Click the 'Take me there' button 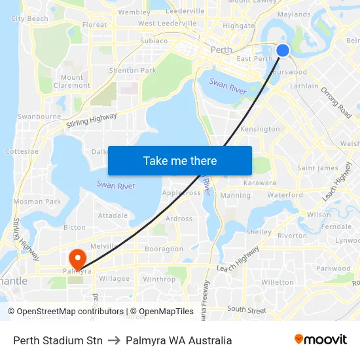[180, 161]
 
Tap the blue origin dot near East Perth [283, 50]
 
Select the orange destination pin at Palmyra [77, 257]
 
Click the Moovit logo [321, 340]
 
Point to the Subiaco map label [154, 41]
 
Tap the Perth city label [222, 50]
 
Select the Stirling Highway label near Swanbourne [91, 120]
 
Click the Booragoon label [164, 249]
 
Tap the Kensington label [260, 129]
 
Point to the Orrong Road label [336, 103]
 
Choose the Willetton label [278, 282]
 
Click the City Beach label [29, 19]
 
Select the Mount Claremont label [72, 81]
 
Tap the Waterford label [285, 195]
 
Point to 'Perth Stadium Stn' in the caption [58, 340]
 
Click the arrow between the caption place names [114, 340]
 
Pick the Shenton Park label [133, 71]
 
